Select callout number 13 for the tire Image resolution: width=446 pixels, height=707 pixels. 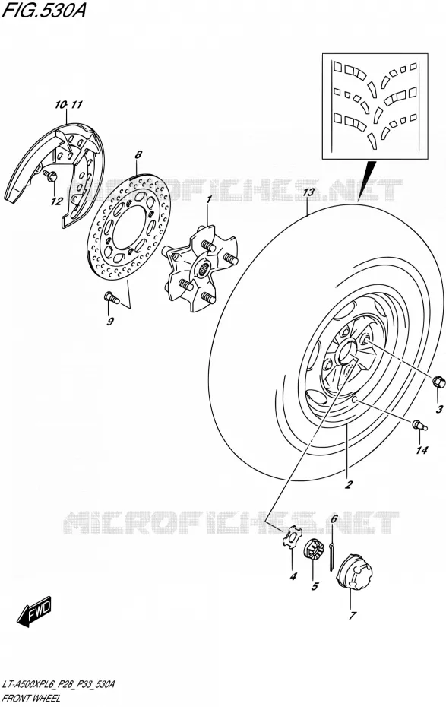(x=308, y=193)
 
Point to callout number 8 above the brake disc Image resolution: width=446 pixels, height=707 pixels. (x=138, y=154)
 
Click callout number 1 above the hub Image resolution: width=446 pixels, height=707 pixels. (x=209, y=199)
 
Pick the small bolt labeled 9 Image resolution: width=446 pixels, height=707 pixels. (x=111, y=297)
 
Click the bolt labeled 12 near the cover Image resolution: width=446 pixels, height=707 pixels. (x=49, y=176)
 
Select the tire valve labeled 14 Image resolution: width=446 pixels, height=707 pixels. (x=420, y=424)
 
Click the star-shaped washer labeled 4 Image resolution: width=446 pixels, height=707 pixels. (x=290, y=538)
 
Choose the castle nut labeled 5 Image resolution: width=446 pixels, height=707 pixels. (x=312, y=549)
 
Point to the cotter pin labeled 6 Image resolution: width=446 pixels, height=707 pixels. (x=332, y=555)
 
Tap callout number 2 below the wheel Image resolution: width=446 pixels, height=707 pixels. (x=348, y=485)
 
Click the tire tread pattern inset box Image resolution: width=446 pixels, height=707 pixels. (x=375, y=106)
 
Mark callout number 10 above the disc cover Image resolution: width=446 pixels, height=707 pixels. (x=60, y=105)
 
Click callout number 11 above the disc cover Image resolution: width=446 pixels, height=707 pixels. (x=77, y=105)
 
